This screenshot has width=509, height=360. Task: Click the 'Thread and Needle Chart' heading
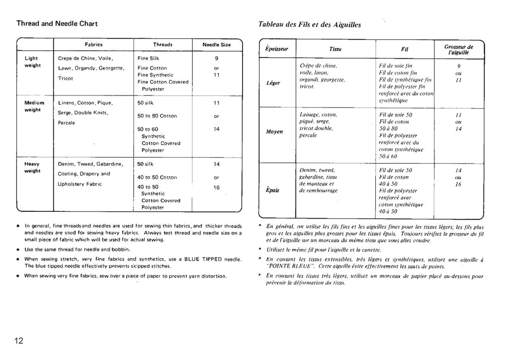(x=57, y=23)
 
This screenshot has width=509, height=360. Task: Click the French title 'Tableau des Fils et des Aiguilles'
(x=310, y=24)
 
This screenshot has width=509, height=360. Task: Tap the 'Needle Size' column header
(x=217, y=44)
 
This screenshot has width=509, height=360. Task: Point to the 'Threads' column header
(x=163, y=44)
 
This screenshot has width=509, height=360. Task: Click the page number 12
(x=19, y=341)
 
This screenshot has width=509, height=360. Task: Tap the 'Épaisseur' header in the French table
(x=273, y=49)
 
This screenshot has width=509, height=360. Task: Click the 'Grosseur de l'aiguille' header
(x=459, y=49)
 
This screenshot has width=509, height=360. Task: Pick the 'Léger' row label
(x=273, y=83)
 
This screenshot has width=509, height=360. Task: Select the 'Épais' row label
(x=272, y=190)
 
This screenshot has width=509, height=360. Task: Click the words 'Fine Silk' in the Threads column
(x=148, y=58)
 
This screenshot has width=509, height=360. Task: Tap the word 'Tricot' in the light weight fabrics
(x=66, y=79)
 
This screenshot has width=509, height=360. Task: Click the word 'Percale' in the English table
(x=67, y=123)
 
